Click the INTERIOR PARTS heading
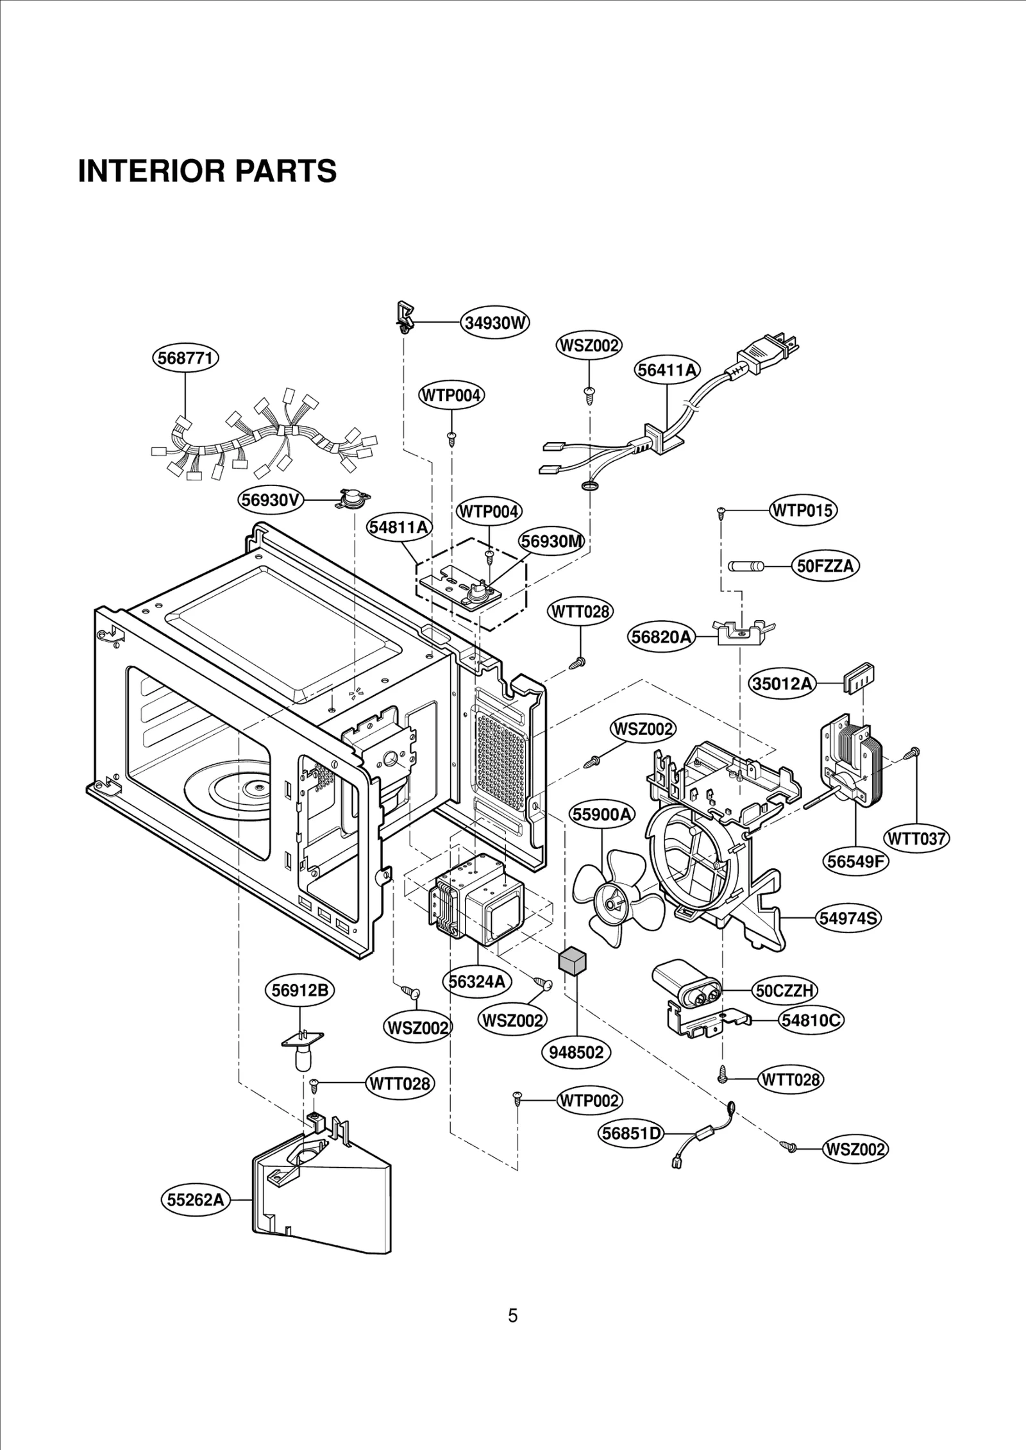click(x=207, y=171)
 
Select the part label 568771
click(x=185, y=358)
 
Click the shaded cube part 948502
click(x=572, y=962)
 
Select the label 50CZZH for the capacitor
click(x=785, y=991)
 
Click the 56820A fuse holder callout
click(x=661, y=637)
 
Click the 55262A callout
click(x=195, y=1199)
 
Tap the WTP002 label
click(x=589, y=1100)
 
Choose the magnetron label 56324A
click(x=476, y=981)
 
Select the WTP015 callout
click(x=803, y=510)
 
